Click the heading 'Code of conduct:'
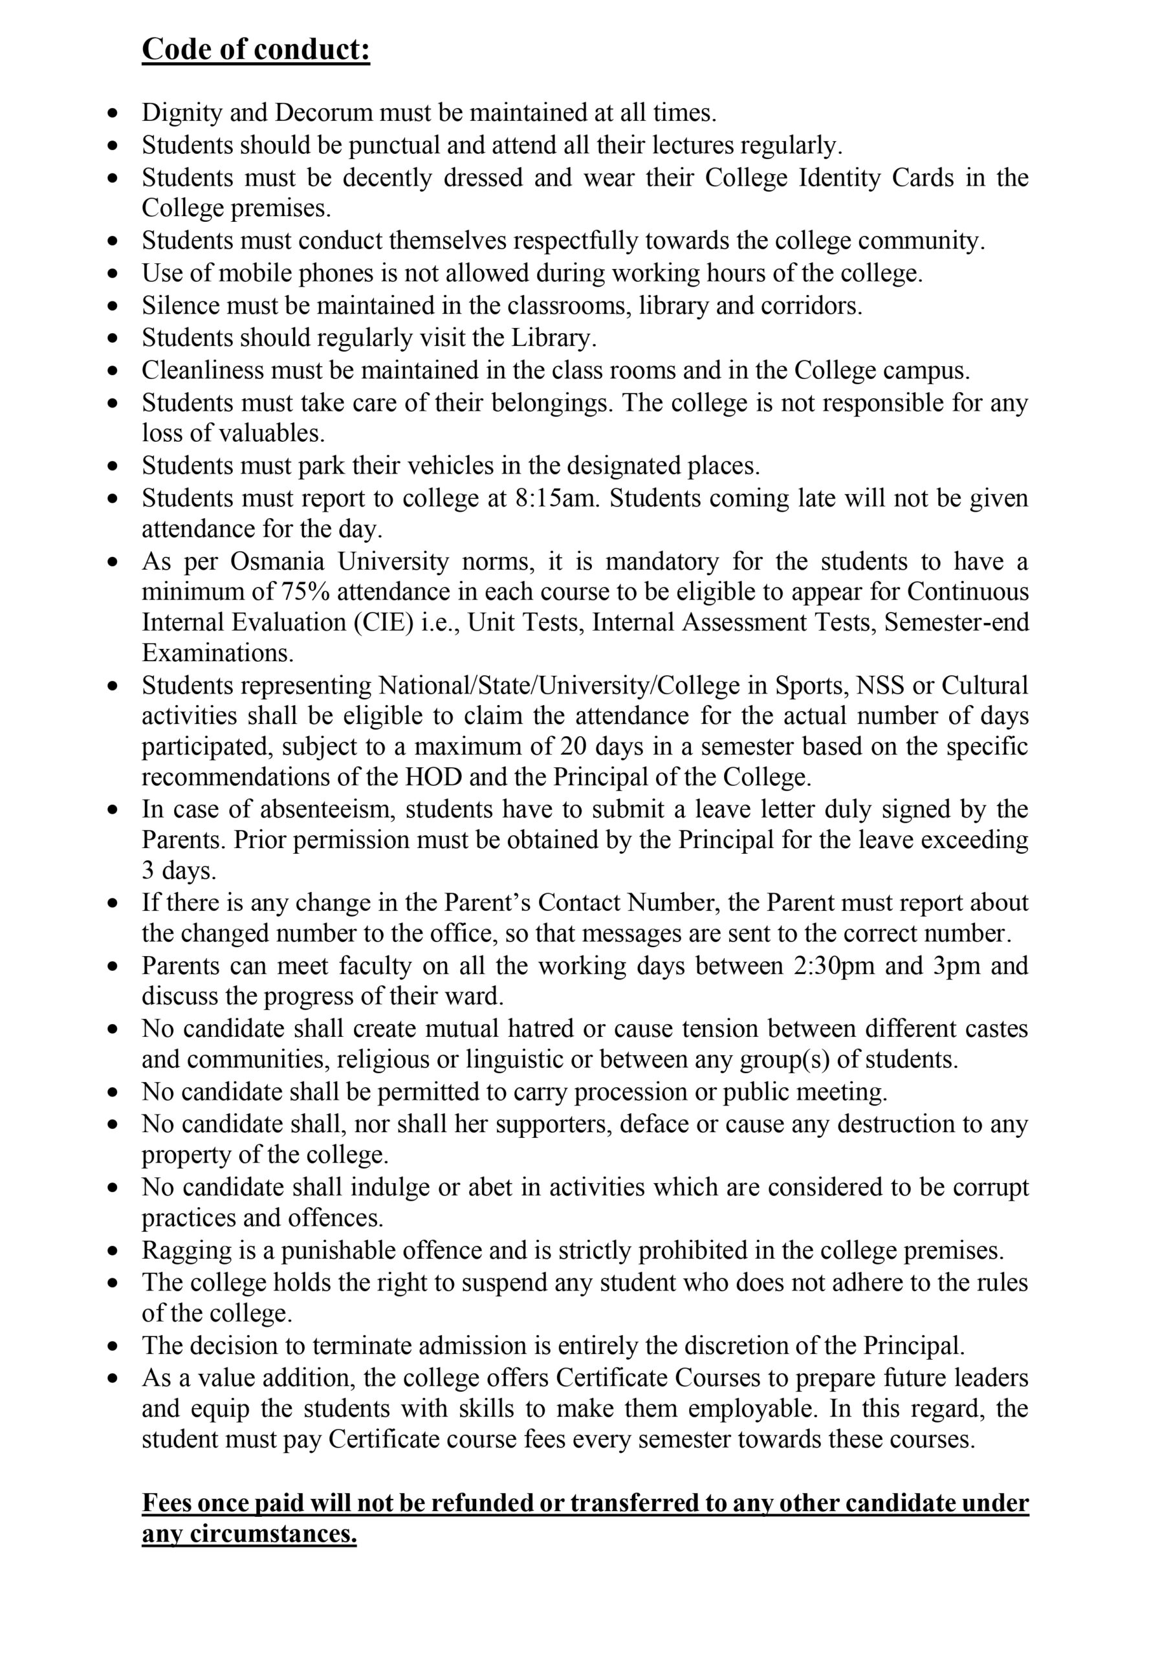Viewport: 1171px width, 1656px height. [x=256, y=49]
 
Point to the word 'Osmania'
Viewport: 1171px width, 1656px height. [x=277, y=561]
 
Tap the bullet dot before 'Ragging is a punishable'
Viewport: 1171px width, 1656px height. [x=112, y=1250]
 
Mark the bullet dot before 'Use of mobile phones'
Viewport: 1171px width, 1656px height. [x=112, y=274]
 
